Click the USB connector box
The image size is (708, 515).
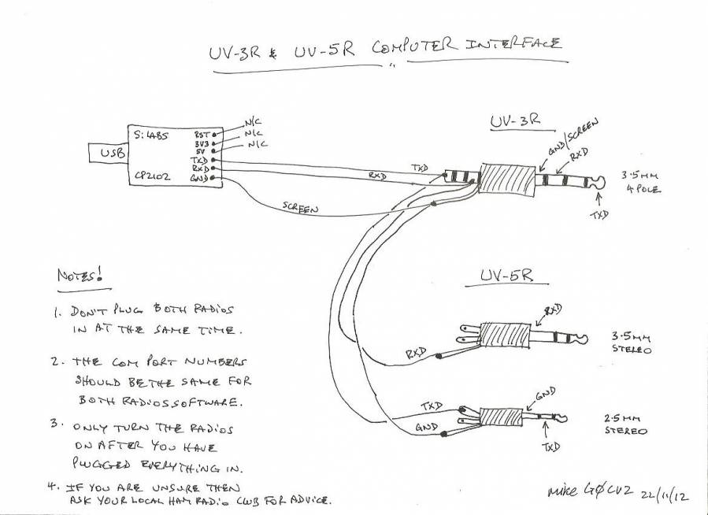[x=109, y=155]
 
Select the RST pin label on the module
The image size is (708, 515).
[x=202, y=135]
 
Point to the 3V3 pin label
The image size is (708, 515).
[x=202, y=144]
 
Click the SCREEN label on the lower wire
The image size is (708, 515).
[x=299, y=208]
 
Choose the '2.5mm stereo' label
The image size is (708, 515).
[x=626, y=425]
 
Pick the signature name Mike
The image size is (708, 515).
[x=565, y=491]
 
